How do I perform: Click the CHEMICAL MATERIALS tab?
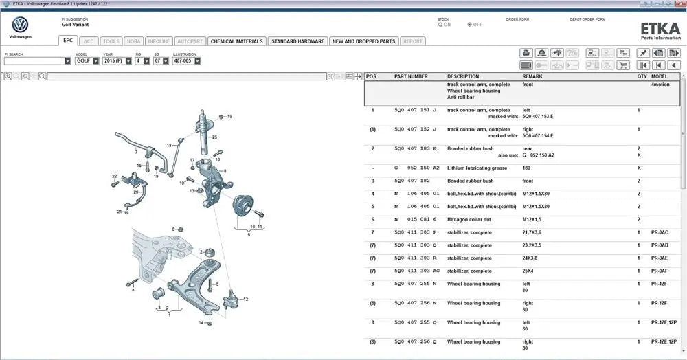pyautogui.click(x=236, y=41)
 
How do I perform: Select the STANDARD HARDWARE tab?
pyautogui.click(x=297, y=41)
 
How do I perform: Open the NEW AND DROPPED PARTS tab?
pyautogui.click(x=363, y=41)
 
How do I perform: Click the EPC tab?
pyautogui.click(x=68, y=41)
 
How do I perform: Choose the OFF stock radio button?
pyautogui.click(x=470, y=25)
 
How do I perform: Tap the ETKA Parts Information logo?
pyautogui.click(x=660, y=30)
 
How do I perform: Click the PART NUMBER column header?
pyautogui.click(x=411, y=77)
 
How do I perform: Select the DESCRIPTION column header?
pyautogui.click(x=463, y=77)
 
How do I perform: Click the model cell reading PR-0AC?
pyautogui.click(x=660, y=232)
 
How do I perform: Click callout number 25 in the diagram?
pyautogui.click(x=214, y=137)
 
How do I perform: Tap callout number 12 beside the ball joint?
pyautogui.click(x=245, y=300)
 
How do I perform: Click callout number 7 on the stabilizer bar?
pyautogui.click(x=136, y=151)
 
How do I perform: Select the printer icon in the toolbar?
pyautogui.click(x=526, y=53)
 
